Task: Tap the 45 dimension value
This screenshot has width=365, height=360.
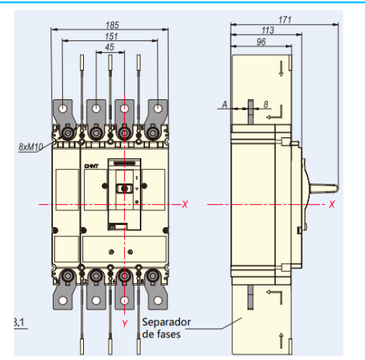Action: (x=109, y=47)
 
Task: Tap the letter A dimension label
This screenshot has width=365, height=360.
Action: (x=224, y=102)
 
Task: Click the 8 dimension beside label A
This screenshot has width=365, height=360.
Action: (x=266, y=102)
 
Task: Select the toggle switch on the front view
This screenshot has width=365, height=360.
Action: (x=122, y=189)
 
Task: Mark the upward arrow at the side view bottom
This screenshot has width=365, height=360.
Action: (x=280, y=337)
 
